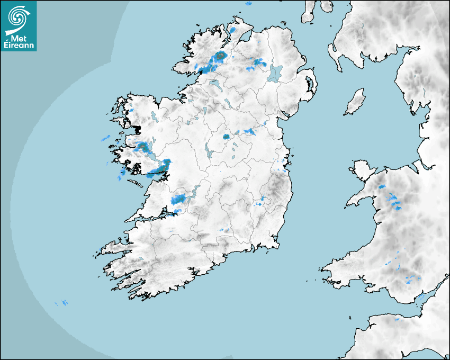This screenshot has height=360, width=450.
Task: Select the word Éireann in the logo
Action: pos(20,46)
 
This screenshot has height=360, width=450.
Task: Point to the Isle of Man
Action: pos(355,102)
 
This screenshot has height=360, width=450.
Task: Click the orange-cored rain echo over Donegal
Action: pos(220,56)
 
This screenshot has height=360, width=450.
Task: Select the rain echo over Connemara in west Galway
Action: pos(142,147)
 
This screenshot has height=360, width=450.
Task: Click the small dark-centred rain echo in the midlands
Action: pos(226,137)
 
